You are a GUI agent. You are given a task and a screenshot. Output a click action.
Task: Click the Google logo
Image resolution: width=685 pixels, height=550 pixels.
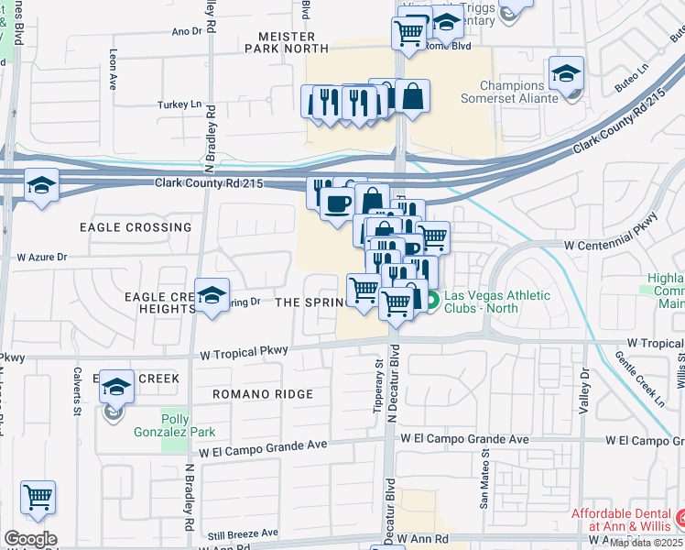coord(30,539)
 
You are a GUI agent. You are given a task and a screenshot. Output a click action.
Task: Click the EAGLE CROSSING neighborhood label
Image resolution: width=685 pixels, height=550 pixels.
coord(136,227)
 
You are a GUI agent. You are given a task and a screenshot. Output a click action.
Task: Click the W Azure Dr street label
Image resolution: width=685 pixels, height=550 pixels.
coord(36,258)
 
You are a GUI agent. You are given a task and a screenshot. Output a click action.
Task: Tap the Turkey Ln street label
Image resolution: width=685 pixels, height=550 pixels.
coord(179,104)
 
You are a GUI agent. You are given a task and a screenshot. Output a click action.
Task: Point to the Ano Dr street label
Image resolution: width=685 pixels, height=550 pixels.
coord(186,31)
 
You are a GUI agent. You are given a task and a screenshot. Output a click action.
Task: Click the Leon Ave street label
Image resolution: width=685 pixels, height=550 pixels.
coord(114,69)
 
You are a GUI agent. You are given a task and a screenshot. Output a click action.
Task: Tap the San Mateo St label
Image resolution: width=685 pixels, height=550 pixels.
coord(484,485)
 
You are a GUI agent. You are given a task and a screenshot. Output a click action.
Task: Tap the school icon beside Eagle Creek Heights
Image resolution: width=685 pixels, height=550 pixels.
coord(212,296)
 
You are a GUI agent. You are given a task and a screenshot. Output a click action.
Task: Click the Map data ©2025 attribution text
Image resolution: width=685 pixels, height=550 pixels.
coord(647,543)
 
